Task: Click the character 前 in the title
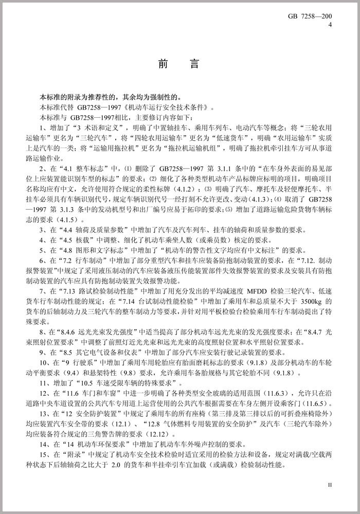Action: click(x=164, y=66)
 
